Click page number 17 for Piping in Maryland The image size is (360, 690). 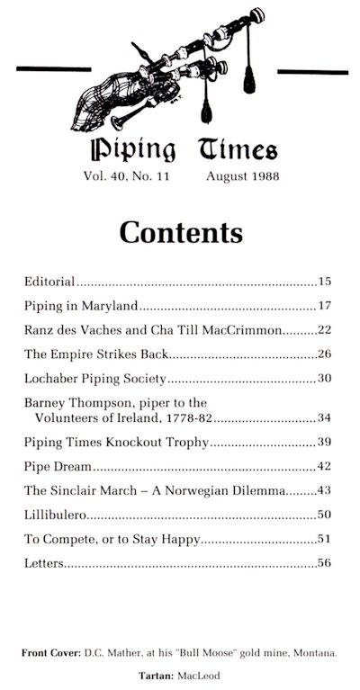tap(326, 305)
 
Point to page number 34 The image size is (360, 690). tap(326, 418)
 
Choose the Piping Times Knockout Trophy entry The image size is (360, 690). tap(117, 443)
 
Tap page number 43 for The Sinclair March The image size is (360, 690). tap(326, 490)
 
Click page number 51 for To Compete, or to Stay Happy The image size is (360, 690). tap(326, 539)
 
